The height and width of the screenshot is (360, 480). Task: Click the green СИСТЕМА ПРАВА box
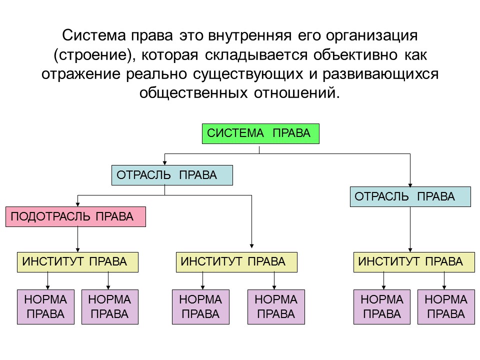[260, 133]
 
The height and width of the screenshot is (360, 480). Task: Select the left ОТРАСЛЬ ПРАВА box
[172, 175]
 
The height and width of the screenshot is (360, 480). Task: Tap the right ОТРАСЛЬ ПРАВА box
[410, 197]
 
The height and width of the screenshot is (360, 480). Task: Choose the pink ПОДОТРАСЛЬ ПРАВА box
[75, 217]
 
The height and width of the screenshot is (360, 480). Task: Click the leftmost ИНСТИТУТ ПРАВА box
[77, 262]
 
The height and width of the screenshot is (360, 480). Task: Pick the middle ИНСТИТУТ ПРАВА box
[236, 262]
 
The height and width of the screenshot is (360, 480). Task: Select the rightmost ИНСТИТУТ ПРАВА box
[414, 262]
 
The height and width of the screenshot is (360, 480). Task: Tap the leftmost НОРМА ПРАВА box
[45, 307]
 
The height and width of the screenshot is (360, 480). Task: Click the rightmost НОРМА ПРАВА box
[446, 307]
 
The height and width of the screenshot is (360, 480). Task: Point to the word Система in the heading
[92, 36]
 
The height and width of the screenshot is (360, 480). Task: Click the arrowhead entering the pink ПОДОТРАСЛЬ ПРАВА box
[77, 204]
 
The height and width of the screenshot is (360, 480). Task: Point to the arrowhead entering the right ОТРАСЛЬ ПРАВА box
[410, 184]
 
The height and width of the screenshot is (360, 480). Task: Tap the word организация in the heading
[371, 36]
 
